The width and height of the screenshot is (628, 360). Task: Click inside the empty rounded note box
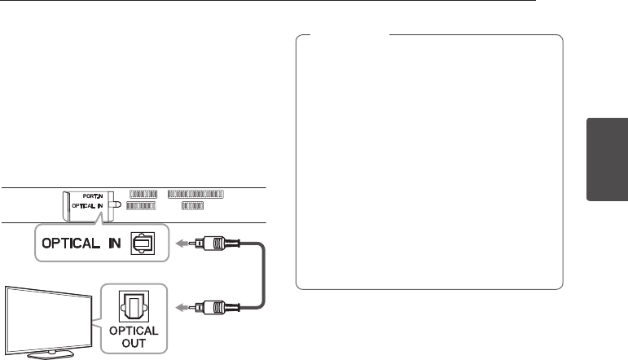pyautogui.click(x=429, y=163)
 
